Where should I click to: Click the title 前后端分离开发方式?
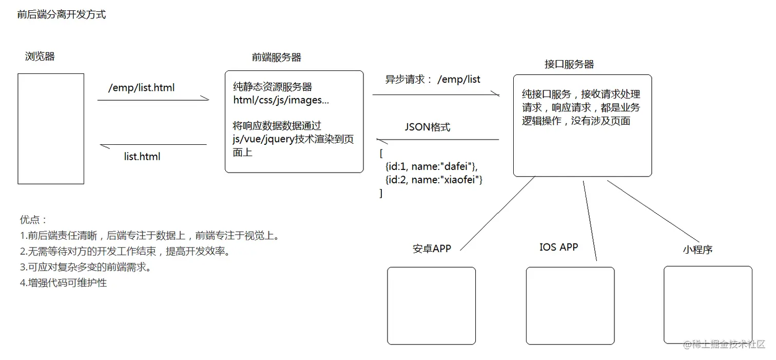click(62, 15)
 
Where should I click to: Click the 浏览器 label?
click(40, 56)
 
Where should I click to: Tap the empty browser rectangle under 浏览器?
click(51, 128)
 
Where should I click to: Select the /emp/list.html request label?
click(142, 88)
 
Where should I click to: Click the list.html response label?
click(142, 157)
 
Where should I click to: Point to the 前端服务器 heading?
click(277, 58)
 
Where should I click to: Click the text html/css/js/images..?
click(281, 100)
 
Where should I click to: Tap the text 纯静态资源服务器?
click(273, 87)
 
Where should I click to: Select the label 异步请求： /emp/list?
click(433, 80)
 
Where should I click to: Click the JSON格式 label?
click(428, 127)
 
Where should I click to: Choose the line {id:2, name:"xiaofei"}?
click(434, 180)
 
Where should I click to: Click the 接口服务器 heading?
click(569, 64)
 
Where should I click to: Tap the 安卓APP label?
click(432, 249)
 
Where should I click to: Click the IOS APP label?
click(558, 247)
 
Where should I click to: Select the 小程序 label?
click(697, 250)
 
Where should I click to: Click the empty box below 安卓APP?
click(431, 306)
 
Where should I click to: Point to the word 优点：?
click(33, 220)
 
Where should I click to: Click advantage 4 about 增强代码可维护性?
click(64, 282)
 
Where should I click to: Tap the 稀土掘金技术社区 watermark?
click(724, 344)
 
